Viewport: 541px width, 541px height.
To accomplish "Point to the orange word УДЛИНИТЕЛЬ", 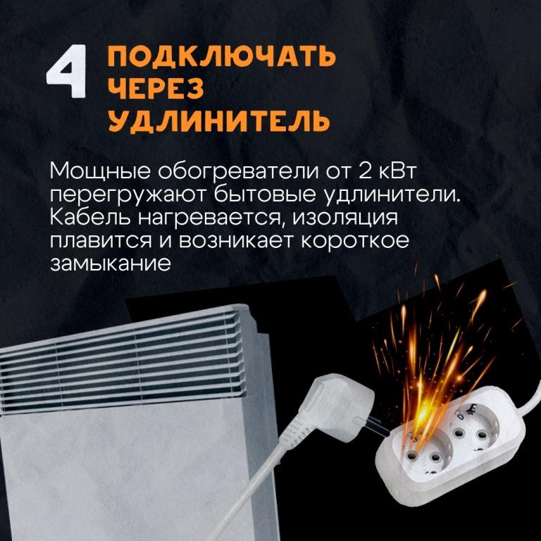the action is (x=219, y=120).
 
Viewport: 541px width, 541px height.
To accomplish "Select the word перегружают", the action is (x=128, y=195).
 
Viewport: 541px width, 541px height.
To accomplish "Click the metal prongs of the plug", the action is (x=373, y=427).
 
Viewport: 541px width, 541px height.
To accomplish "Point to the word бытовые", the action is (x=265, y=194).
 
